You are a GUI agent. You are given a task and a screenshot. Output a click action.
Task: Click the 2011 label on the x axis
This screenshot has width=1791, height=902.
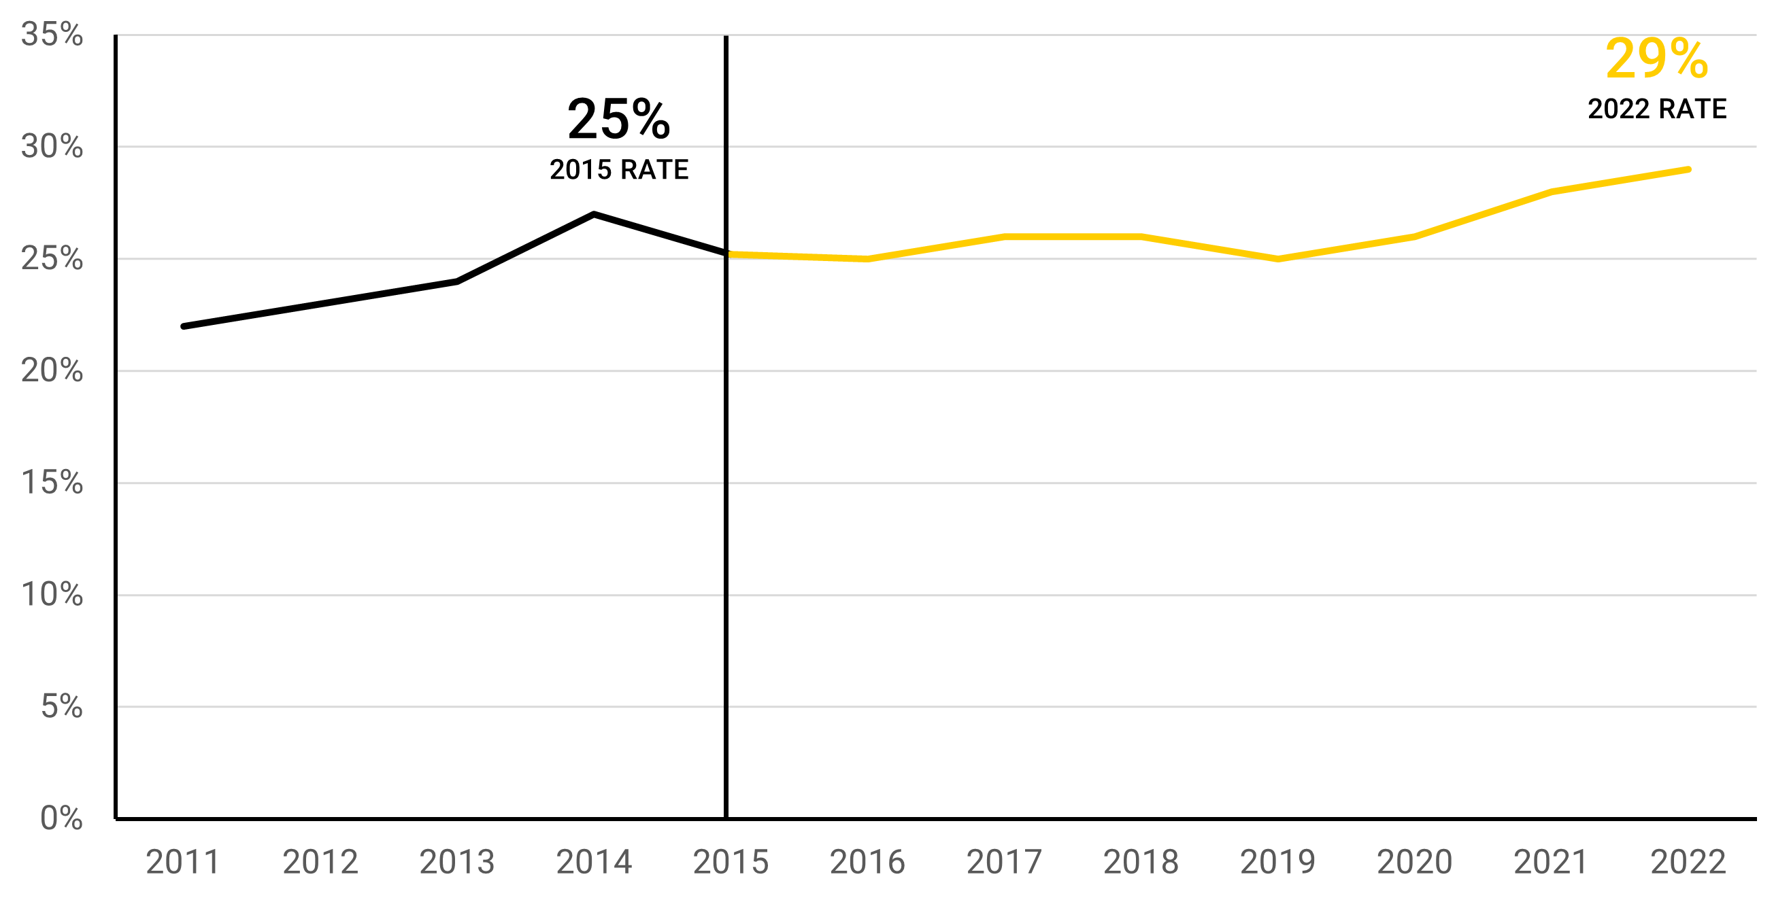[x=183, y=863]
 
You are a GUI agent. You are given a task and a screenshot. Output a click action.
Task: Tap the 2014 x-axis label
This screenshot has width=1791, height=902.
[x=594, y=863]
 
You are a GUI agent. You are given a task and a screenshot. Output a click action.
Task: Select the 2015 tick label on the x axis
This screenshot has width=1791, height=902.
[x=731, y=863]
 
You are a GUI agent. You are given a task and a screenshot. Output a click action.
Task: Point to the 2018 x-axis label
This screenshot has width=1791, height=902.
[x=1141, y=863]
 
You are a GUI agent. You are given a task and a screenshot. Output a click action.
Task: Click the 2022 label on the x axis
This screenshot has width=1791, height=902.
[x=1688, y=863]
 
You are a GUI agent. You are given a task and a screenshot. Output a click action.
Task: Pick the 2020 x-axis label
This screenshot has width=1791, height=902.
[x=1415, y=863]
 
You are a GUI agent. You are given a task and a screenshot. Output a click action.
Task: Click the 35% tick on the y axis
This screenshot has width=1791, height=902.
[x=52, y=34]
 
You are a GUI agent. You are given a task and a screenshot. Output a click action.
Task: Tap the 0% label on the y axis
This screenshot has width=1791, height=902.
[x=61, y=818]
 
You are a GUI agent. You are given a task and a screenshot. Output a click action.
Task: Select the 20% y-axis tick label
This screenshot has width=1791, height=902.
[x=52, y=370]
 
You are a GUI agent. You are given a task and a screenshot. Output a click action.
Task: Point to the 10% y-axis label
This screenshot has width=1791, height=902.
[x=52, y=595]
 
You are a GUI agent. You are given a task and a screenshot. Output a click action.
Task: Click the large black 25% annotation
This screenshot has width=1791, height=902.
[x=618, y=120]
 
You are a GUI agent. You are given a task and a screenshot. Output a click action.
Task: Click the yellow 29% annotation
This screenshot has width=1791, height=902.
[x=1656, y=59]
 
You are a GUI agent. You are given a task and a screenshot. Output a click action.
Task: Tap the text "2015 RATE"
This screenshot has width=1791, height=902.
[x=619, y=169]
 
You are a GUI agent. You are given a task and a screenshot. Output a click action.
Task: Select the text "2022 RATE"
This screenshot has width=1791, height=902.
[x=1657, y=109]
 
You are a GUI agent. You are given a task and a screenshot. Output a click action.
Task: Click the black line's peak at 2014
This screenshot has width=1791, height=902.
[x=594, y=214]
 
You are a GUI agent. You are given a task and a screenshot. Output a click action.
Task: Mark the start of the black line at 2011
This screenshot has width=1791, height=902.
[x=184, y=326]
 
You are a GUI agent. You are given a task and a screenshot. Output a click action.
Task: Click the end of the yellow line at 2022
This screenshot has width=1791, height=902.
[x=1688, y=169]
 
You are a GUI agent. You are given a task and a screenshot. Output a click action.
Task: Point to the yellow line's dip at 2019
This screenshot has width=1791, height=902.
[x=1278, y=258]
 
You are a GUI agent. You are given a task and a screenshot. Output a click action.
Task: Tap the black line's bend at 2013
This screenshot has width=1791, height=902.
[x=457, y=281]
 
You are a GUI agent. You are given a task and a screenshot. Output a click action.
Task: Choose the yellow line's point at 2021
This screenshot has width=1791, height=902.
[x=1552, y=192]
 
